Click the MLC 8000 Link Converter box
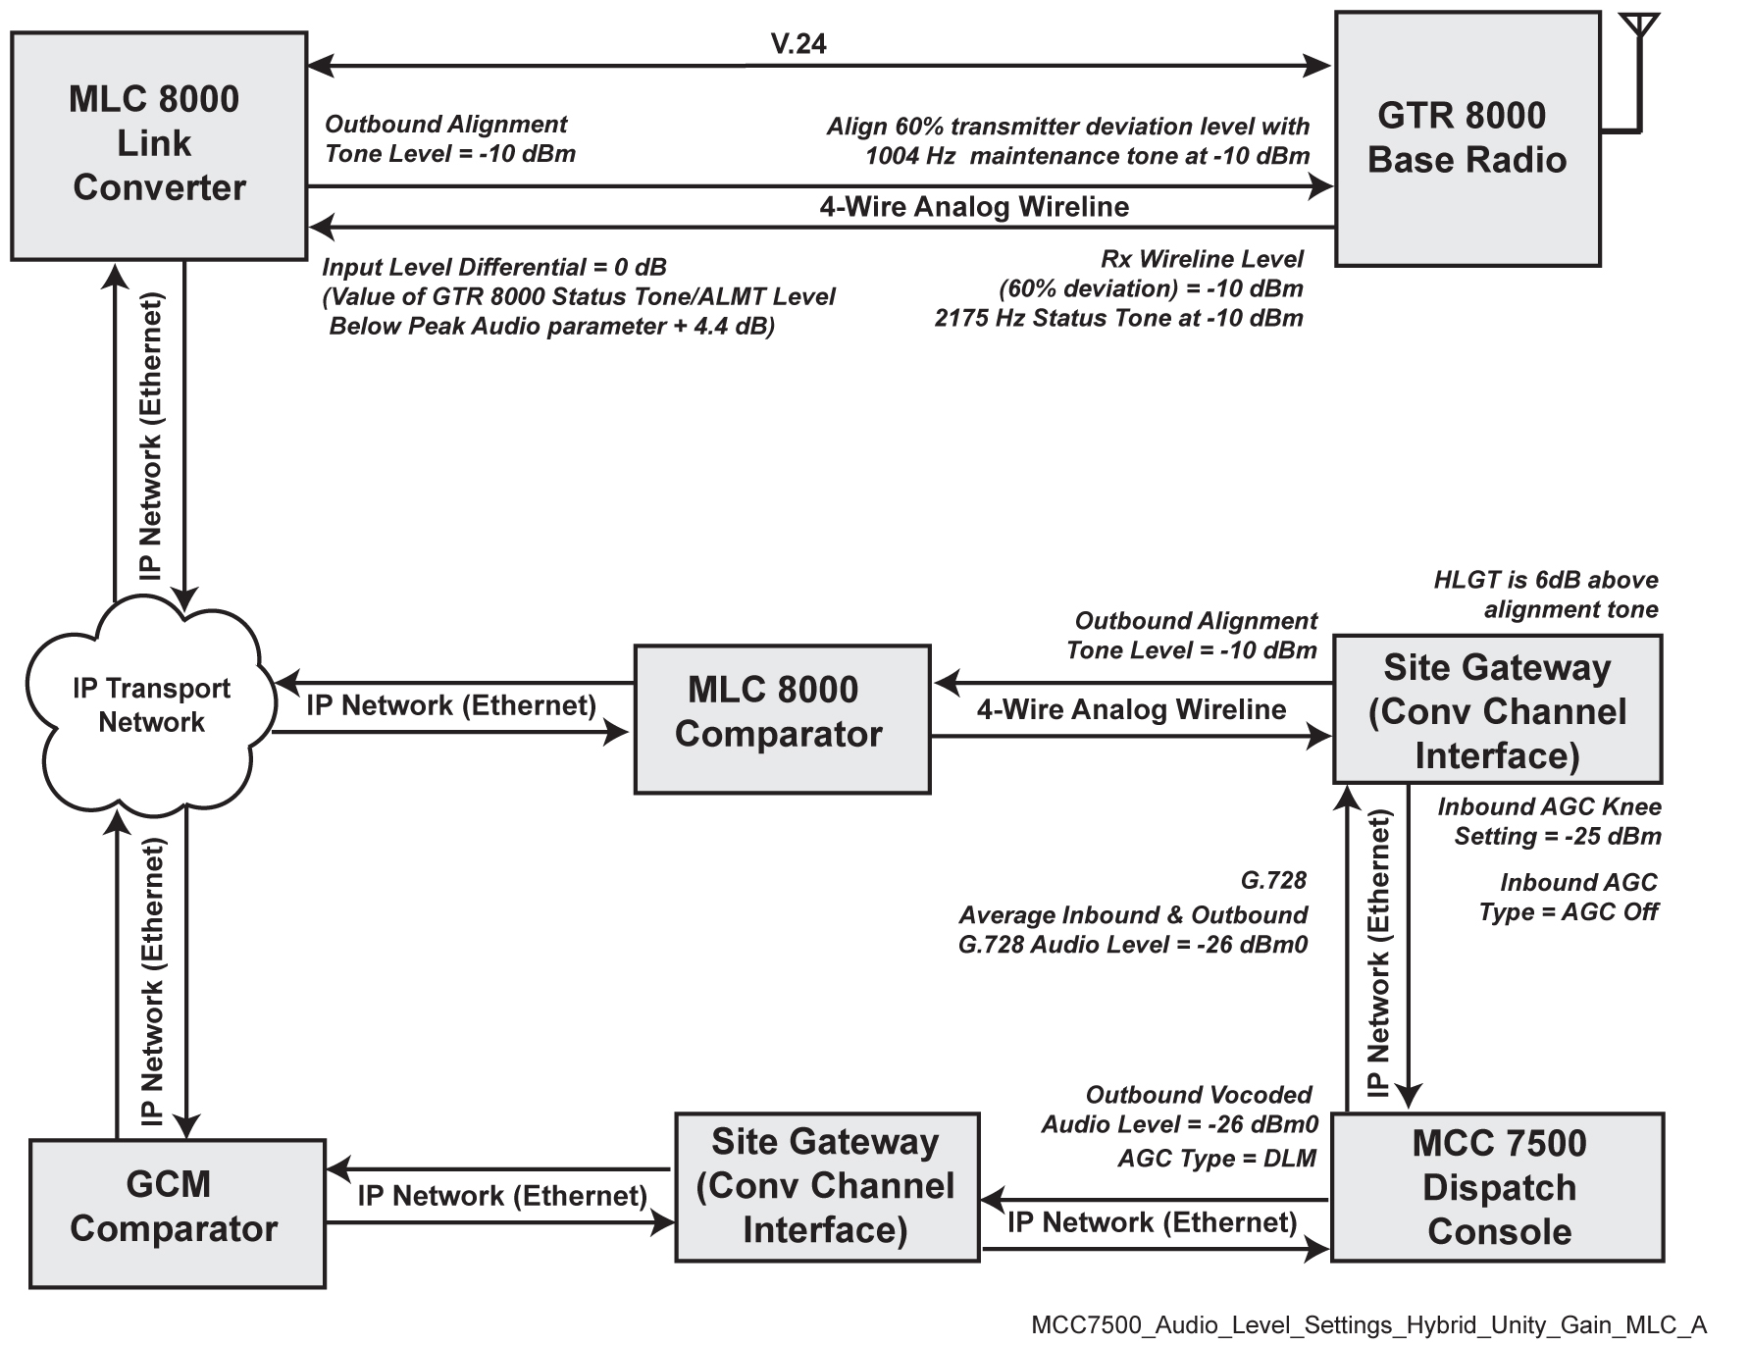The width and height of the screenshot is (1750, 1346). [x=158, y=145]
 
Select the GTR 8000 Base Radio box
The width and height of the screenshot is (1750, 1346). [x=1467, y=138]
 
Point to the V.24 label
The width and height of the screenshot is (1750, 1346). [x=798, y=43]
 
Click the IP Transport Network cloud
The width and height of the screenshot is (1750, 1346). [x=151, y=705]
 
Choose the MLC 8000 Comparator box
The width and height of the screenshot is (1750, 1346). [x=781, y=718]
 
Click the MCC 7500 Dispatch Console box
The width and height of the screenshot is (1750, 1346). [x=1497, y=1186]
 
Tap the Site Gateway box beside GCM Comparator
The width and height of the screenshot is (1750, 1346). [x=826, y=1186]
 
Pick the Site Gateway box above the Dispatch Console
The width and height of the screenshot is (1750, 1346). [x=1497, y=710]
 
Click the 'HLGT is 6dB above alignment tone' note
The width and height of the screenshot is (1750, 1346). [x=1546, y=595]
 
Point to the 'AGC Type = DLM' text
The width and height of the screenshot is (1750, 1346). [x=1216, y=1159]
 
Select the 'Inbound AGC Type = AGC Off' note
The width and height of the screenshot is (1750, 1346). [x=1569, y=897]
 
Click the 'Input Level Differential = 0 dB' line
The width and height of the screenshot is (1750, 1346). [x=493, y=267]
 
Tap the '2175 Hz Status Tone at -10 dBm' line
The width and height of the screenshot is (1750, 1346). [x=1118, y=318]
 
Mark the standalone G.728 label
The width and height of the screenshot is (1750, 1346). [x=1273, y=880]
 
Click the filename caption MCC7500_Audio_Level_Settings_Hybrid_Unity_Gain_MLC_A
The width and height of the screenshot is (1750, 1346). [x=1368, y=1324]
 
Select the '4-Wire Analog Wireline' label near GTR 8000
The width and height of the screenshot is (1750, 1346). [x=973, y=207]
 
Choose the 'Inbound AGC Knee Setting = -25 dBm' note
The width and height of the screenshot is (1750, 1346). [x=1550, y=821]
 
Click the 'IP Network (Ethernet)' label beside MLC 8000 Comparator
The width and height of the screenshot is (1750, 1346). [x=450, y=705]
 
